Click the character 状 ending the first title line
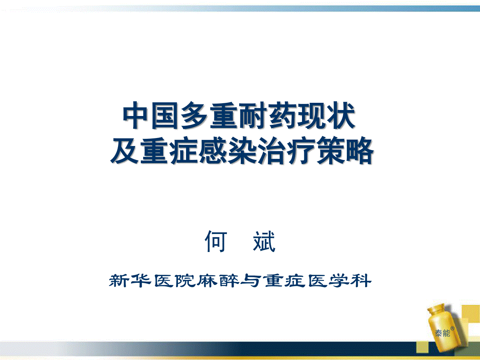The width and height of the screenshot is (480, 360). click(x=340, y=115)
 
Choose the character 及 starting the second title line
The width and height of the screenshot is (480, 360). click(x=124, y=150)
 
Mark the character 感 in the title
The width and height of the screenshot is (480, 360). click(x=212, y=150)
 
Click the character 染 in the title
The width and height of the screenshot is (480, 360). click(x=242, y=150)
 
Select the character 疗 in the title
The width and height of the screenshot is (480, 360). click(x=300, y=150)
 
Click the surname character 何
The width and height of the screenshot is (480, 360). click(x=215, y=241)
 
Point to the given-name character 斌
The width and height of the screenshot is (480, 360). click(x=264, y=241)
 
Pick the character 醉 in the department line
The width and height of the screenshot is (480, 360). click(x=229, y=280)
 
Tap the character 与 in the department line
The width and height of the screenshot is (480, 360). click(x=251, y=280)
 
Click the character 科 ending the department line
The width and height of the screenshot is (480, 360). click(x=361, y=280)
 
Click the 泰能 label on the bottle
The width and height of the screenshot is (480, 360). click(x=442, y=333)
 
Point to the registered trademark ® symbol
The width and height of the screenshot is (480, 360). click(x=452, y=328)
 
